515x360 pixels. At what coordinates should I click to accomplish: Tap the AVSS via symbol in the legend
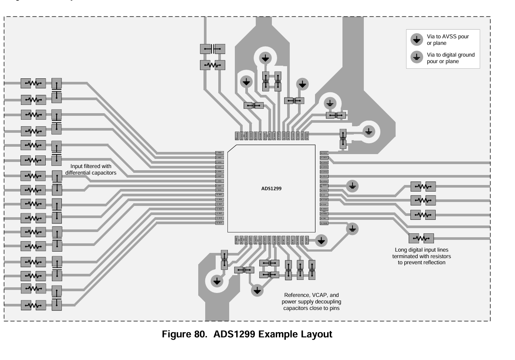tap(417, 40)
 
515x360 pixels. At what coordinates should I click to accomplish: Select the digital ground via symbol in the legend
tap(417, 57)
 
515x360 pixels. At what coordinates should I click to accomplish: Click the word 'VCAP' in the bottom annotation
tap(315, 295)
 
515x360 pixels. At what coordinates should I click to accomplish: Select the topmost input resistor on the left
tap(34, 84)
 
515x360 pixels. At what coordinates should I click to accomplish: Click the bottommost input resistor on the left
tap(34, 305)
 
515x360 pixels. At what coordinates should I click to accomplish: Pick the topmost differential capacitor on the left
tap(57, 90)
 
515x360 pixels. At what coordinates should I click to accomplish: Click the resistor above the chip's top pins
tap(213, 65)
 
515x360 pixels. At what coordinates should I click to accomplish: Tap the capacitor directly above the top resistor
tap(213, 49)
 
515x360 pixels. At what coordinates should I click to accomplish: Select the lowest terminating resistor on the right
tap(421, 238)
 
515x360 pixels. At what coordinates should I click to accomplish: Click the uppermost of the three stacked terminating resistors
tap(423, 186)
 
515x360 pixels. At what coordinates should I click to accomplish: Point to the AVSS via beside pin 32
tap(321, 240)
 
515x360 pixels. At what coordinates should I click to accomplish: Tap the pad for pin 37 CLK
tap(324, 204)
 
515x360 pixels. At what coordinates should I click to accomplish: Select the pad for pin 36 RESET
tap(324, 209)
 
